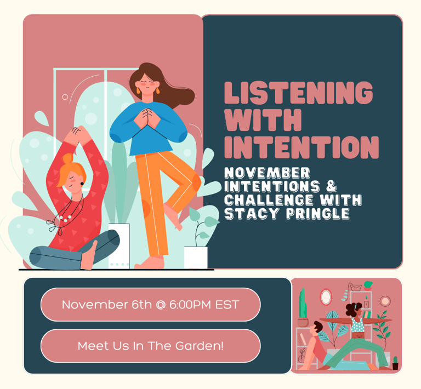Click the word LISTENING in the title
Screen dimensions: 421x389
pyautogui.click(x=299, y=93)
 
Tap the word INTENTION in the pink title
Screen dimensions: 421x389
pyautogui.click(x=301, y=147)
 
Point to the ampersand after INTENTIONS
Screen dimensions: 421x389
pyautogui.click(x=332, y=186)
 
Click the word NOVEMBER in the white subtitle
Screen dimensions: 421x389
pyautogui.click(x=267, y=173)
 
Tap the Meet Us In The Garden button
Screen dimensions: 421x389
pyautogui.click(x=151, y=346)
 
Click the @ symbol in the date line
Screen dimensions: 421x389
pyautogui.click(x=161, y=305)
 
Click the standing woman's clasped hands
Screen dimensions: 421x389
pyautogui.click(x=147, y=118)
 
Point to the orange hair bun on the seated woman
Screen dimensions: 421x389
pyautogui.click(x=68, y=158)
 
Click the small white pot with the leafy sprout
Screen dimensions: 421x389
pyautogui.click(x=196, y=258)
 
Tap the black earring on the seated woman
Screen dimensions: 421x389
pyautogui.click(x=82, y=184)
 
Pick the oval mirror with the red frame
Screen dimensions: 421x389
pyautogui.click(x=326, y=297)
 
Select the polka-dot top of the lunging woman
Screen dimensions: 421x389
pyautogui.click(x=357, y=325)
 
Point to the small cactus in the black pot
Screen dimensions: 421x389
pyautogui.click(x=395, y=363)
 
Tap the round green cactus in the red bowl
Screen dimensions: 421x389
pyautogui.click(x=368, y=285)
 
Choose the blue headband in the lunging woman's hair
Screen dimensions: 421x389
pyautogui.click(x=356, y=307)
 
